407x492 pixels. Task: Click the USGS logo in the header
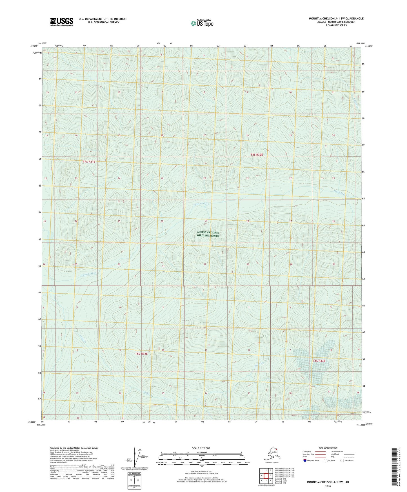61,22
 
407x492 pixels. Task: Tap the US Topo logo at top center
202,23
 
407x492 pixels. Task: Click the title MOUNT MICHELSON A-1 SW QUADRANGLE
336,19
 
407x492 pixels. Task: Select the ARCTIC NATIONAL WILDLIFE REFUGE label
208,234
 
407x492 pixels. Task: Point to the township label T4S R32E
257,154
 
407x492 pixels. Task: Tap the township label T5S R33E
319,361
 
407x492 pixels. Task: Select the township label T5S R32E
141,354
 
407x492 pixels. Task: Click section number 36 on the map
119,264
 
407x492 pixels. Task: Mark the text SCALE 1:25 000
201,448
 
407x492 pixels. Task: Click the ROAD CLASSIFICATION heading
328,448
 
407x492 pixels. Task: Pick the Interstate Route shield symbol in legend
305,461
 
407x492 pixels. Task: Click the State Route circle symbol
342,461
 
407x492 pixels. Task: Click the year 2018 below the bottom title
328,486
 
